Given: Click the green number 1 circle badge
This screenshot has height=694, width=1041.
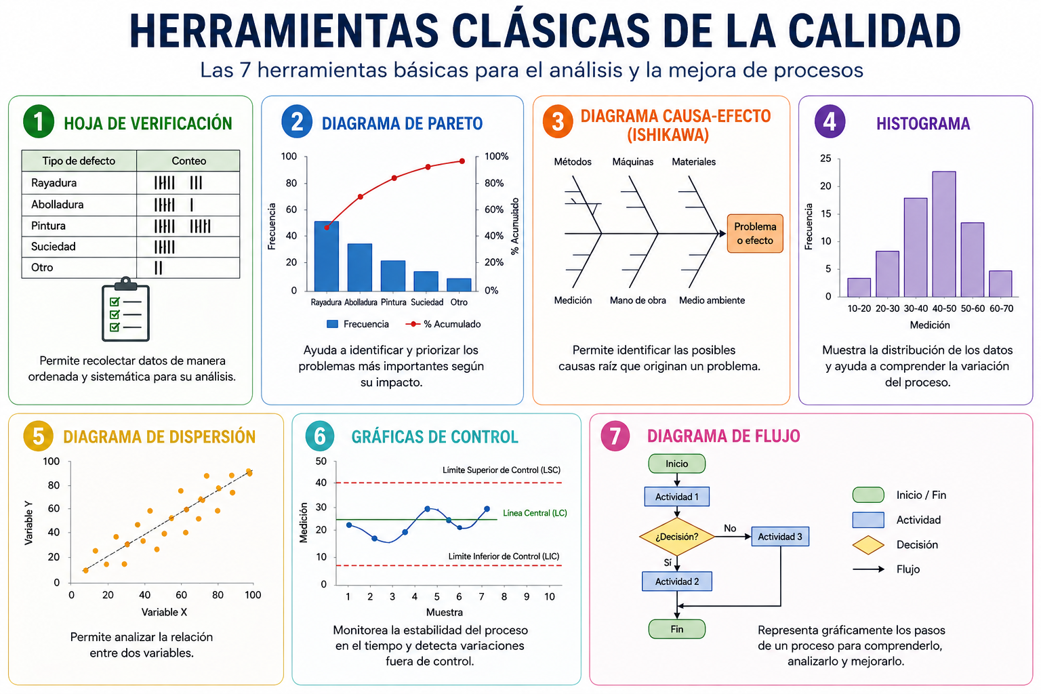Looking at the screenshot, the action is (x=39, y=122).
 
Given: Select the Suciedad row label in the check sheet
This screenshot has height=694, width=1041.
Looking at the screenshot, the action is (x=54, y=247).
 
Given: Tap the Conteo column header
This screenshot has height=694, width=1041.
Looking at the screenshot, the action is (x=188, y=161).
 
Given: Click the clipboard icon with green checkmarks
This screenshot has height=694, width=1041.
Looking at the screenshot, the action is (x=125, y=309).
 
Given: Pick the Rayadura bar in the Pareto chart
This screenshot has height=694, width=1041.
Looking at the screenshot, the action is (x=326, y=256).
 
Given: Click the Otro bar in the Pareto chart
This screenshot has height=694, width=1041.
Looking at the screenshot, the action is (x=459, y=285).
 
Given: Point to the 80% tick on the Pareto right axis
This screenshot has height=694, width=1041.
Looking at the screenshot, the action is (x=494, y=183).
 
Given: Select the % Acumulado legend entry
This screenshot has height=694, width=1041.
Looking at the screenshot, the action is (x=443, y=324).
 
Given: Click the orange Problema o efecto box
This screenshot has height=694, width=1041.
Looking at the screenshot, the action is (x=755, y=233).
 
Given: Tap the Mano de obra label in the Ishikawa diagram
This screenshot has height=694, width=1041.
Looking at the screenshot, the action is (x=638, y=300).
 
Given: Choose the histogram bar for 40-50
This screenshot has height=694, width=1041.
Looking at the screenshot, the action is (x=944, y=234).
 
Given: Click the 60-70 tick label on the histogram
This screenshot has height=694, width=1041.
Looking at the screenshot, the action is (x=1001, y=308).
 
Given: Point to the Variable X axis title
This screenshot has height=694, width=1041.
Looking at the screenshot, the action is (x=164, y=612).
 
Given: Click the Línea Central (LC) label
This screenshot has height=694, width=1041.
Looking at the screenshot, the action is (x=535, y=513).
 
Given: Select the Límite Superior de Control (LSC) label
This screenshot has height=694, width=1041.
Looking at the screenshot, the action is (x=502, y=470).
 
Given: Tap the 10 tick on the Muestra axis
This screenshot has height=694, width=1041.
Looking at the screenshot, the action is (x=550, y=596).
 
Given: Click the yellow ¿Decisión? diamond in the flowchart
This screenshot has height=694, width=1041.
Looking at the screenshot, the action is (x=676, y=537).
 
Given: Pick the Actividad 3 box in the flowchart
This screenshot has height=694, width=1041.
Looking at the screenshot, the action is (x=780, y=536).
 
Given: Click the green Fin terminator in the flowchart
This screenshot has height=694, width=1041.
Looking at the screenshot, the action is (x=676, y=629).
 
